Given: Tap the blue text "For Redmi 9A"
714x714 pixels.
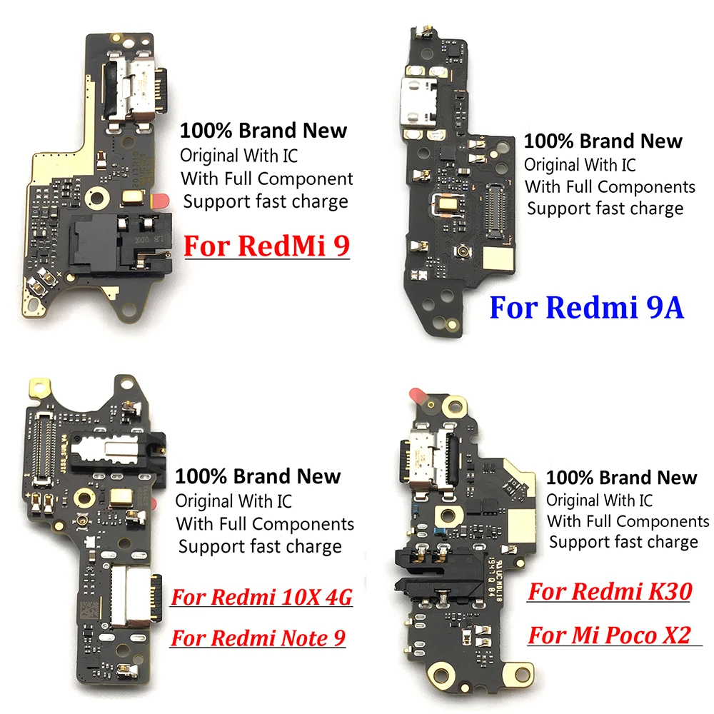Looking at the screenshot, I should coord(586,309).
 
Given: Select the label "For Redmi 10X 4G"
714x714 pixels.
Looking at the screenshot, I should coord(261,598).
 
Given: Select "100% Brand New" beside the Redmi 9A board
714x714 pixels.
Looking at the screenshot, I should coord(603,141).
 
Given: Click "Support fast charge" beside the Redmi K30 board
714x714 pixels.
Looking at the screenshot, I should coord(623,542).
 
